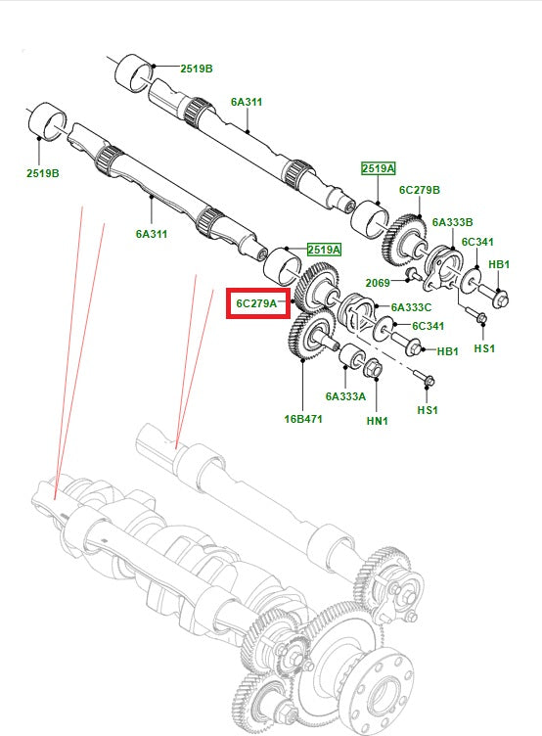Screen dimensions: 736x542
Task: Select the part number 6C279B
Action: [419, 190]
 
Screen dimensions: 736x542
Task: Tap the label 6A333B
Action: [453, 222]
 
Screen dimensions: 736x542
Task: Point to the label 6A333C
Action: [412, 307]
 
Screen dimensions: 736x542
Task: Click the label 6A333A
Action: [345, 396]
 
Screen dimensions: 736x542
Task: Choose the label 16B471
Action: [303, 418]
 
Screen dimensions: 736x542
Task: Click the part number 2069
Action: [379, 282]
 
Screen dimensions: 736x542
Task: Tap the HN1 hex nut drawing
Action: [373, 369]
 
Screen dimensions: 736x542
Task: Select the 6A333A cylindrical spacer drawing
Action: [349, 365]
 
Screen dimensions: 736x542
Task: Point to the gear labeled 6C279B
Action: [404, 235]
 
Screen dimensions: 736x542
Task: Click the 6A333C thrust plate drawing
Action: [359, 319]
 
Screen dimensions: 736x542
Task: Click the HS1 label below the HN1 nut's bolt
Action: [428, 410]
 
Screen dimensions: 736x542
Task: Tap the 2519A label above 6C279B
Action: [378, 168]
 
